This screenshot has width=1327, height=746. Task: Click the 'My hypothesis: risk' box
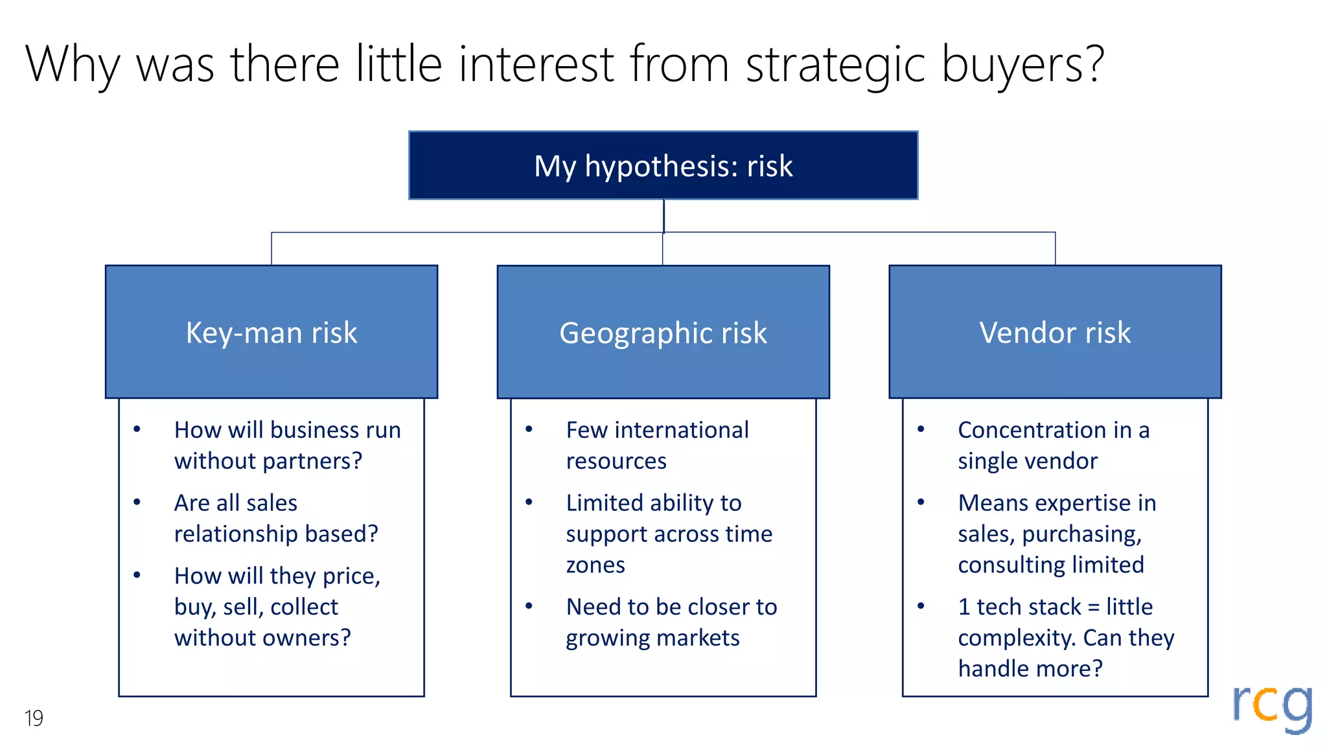pyautogui.click(x=663, y=166)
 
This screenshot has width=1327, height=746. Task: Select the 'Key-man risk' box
pyautogui.click(x=271, y=332)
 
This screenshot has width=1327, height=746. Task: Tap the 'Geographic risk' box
pyautogui.click(x=663, y=332)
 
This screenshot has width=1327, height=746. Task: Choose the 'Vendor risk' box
pyautogui.click(x=1055, y=332)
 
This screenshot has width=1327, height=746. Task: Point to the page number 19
pyautogui.click(x=34, y=718)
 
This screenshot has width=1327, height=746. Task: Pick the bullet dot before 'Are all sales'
pyautogui.click(x=137, y=503)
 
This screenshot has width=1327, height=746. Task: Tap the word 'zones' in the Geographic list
pyautogui.click(x=595, y=565)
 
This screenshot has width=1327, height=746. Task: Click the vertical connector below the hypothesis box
pyautogui.click(x=663, y=216)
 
